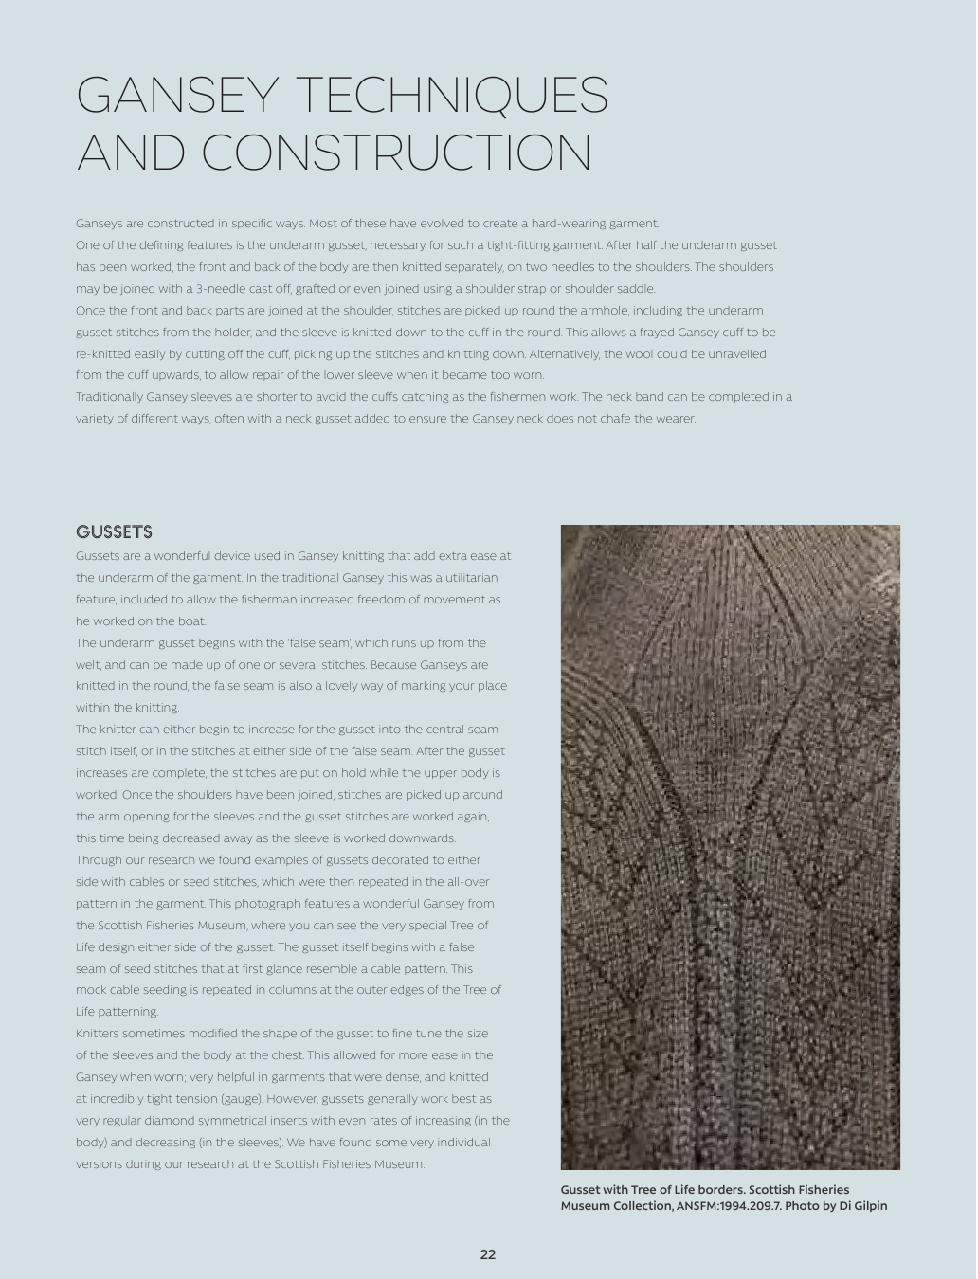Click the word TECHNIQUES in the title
(452, 96)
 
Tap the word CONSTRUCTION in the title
(397, 153)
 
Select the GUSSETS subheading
(114, 532)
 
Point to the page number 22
(488, 1254)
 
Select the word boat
(190, 621)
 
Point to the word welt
(88, 665)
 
